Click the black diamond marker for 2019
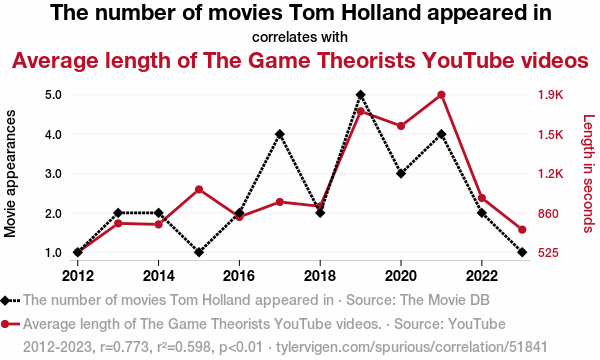tap(360, 94)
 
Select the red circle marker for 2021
tap(441, 95)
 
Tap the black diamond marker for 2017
tap(280, 134)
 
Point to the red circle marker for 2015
tap(199, 189)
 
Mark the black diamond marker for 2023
tap(522, 252)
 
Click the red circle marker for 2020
tap(401, 126)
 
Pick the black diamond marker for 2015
tap(199, 252)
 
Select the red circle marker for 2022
tap(482, 198)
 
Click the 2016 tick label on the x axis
tap(239, 275)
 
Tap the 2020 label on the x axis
tap(401, 275)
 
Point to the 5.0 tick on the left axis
tap(53, 94)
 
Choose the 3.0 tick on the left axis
tap(53, 174)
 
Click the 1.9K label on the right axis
tap(551, 94)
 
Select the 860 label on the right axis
tap(548, 213)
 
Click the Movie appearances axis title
tap(10, 173)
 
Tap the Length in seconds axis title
tap(589, 173)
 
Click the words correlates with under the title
tap(300, 37)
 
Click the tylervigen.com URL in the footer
tap(412, 347)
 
